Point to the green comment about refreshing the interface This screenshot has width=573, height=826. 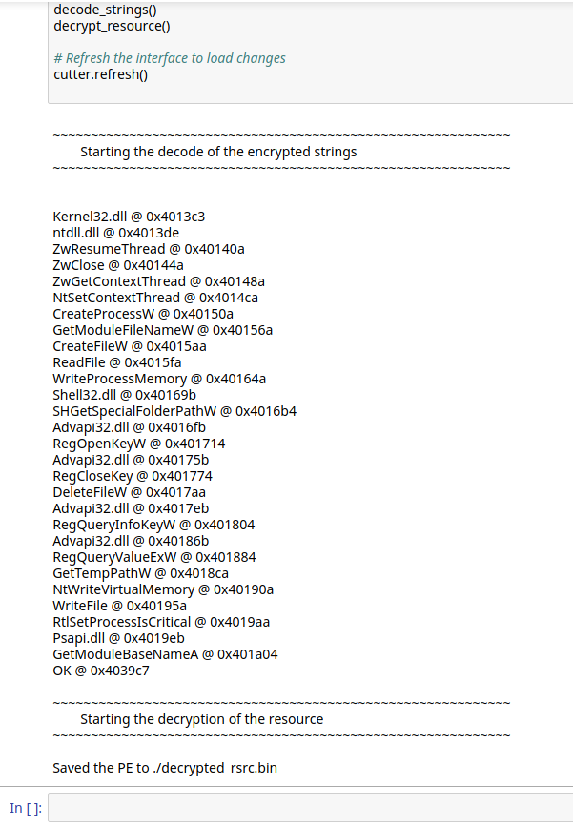point(170,58)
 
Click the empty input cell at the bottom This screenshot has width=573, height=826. point(310,808)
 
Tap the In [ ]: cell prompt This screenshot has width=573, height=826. point(26,808)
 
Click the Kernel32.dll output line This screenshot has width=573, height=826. point(129,217)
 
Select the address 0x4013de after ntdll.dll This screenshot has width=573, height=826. point(149,233)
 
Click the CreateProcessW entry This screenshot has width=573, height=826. point(99,314)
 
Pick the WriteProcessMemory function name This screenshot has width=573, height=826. point(113,379)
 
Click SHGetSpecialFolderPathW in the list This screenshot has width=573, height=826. point(133,411)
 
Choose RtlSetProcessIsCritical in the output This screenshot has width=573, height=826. point(122,622)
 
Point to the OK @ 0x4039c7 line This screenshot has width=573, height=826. point(101,671)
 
